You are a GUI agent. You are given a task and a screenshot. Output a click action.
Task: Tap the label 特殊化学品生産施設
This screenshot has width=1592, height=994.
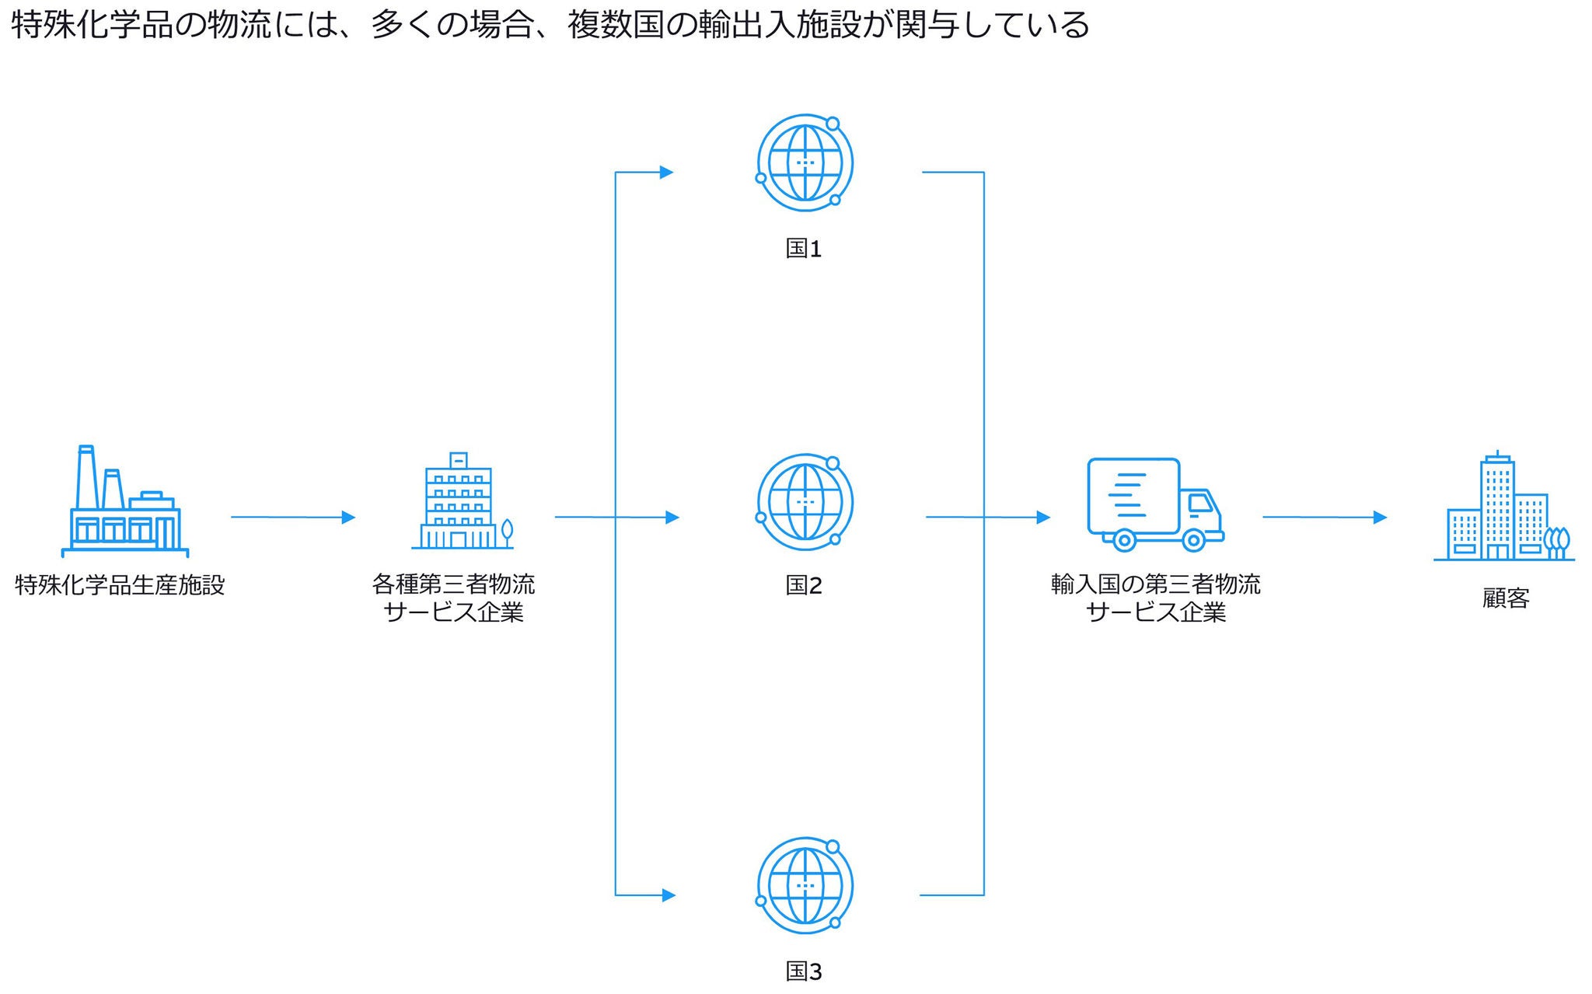click(x=120, y=584)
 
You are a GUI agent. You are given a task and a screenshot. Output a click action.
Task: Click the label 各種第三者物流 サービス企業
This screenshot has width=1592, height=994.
click(x=454, y=598)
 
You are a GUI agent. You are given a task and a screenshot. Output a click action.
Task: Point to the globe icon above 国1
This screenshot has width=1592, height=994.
click(x=805, y=162)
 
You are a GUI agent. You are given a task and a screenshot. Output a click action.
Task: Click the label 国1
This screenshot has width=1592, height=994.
click(x=803, y=249)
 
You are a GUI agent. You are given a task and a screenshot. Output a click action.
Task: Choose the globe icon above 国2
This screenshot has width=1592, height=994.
click(x=805, y=502)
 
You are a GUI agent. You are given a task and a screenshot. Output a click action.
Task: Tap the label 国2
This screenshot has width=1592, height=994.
click(x=803, y=585)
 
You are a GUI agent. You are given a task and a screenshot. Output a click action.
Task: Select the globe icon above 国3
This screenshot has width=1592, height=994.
click(x=805, y=885)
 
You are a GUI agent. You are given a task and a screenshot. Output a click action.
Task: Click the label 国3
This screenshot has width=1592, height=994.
click(x=803, y=971)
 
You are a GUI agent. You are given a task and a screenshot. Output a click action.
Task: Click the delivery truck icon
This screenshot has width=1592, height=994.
click(x=1154, y=504)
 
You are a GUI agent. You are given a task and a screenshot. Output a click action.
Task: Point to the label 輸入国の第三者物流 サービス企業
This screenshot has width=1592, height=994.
click(x=1155, y=598)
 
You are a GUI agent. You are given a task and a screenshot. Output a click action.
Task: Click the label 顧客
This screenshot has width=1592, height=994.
click(x=1506, y=598)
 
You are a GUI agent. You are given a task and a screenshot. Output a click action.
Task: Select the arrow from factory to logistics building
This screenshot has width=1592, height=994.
click(x=292, y=517)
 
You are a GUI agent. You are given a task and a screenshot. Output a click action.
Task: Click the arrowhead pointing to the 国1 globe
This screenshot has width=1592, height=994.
click(x=666, y=173)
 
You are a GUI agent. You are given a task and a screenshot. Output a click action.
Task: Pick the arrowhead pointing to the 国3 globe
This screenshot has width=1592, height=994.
click(x=669, y=895)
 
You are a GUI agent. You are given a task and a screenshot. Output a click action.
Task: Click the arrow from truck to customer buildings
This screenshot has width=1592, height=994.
click(x=1324, y=517)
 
